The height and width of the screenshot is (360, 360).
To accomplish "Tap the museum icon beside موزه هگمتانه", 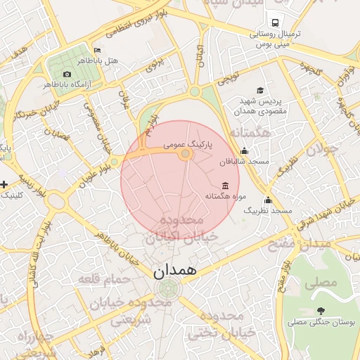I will click(224, 185).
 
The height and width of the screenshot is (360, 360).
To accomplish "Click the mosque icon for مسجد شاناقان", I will click(244, 150).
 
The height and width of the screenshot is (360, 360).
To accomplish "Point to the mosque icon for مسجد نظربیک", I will click(268, 200).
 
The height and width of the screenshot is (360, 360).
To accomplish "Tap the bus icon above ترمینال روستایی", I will click(273, 21).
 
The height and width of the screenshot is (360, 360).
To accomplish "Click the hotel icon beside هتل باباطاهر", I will click(97, 50).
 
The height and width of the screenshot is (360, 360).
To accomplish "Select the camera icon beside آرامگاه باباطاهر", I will click(67, 74).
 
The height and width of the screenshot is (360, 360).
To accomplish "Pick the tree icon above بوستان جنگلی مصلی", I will click(321, 310).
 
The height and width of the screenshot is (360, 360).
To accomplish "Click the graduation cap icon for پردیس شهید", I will click(260, 90).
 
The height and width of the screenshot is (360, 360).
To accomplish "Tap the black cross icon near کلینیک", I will click(4, 184).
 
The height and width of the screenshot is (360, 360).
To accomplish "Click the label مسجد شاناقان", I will click(245, 162).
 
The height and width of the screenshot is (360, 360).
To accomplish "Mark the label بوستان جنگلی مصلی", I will click(316, 323).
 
